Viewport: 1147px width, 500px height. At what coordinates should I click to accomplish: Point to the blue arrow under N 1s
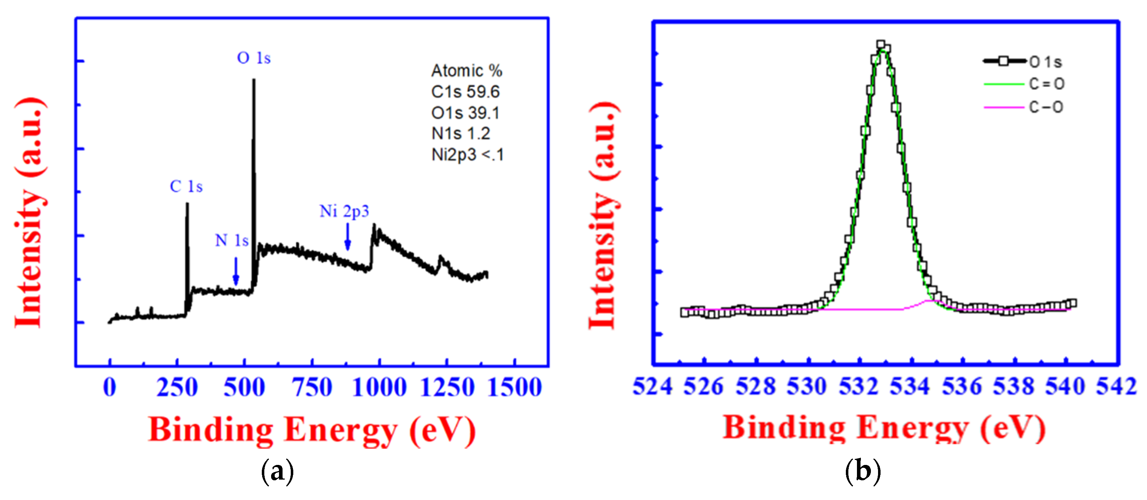point(236,272)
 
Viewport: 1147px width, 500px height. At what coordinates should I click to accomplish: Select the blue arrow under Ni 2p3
point(347,237)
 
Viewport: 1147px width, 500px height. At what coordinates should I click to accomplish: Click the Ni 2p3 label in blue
point(344,211)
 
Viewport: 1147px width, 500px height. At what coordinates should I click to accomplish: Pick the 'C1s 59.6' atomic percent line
point(465,92)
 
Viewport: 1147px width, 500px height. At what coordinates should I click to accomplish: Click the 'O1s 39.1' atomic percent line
point(465,113)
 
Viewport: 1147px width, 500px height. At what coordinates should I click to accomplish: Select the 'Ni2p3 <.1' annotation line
point(467,155)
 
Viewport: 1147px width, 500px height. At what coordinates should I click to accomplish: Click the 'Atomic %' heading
point(467,71)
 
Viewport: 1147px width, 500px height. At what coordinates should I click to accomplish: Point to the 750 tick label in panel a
point(312,387)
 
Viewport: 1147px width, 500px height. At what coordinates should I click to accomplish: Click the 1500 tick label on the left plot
point(515,387)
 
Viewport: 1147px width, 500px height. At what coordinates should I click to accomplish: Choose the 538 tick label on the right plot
point(1014,386)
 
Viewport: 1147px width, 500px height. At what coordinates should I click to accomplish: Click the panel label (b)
point(863,471)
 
